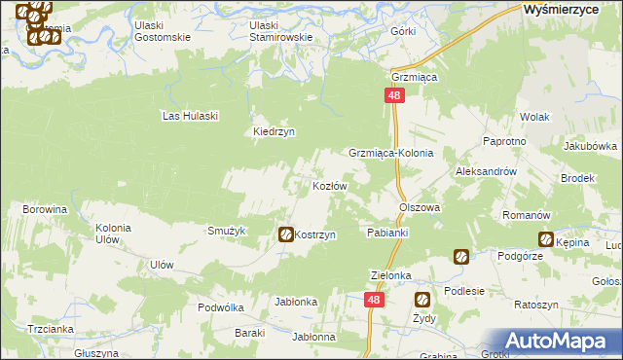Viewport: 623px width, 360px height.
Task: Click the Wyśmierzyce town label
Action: coord(567,9)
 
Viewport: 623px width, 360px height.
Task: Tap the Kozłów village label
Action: coord(329,186)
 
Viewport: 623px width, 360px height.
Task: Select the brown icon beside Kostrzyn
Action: coord(286,234)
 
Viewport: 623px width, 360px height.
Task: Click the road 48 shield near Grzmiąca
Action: coord(393,95)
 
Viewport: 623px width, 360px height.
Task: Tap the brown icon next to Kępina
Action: coord(546,238)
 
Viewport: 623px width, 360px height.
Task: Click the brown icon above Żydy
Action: coord(423,300)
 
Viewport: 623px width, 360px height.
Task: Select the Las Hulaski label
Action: coord(190,116)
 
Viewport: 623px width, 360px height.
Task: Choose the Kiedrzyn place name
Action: coord(274,131)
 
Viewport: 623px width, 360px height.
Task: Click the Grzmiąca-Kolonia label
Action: coord(390,154)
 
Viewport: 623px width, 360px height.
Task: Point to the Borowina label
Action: coord(45,209)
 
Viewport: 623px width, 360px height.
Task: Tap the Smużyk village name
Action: coord(226,231)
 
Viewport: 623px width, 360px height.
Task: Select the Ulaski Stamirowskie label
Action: coord(281,31)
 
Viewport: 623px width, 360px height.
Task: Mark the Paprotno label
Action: coord(504,141)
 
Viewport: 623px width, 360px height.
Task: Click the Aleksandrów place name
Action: coord(485,170)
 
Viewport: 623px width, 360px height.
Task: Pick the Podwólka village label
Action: coord(220,306)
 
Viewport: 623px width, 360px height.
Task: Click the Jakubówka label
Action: coord(590,146)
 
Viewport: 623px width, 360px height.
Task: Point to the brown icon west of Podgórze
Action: coord(460,257)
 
